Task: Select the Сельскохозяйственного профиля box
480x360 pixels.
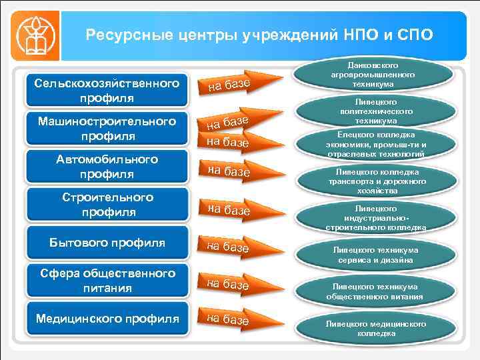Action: pyautogui.click(x=107, y=91)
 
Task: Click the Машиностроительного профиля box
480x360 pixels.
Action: pyautogui.click(x=107, y=129)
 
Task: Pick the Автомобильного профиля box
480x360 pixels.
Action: pyautogui.click(x=107, y=167)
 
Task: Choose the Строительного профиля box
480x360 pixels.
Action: pyautogui.click(x=107, y=205)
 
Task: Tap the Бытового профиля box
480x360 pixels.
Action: pyautogui.click(x=107, y=242)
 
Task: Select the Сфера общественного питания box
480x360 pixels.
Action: pyautogui.click(x=107, y=281)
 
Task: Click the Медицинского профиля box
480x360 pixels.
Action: pyautogui.click(x=107, y=319)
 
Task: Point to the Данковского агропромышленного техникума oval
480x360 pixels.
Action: pyautogui.click(x=373, y=71)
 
